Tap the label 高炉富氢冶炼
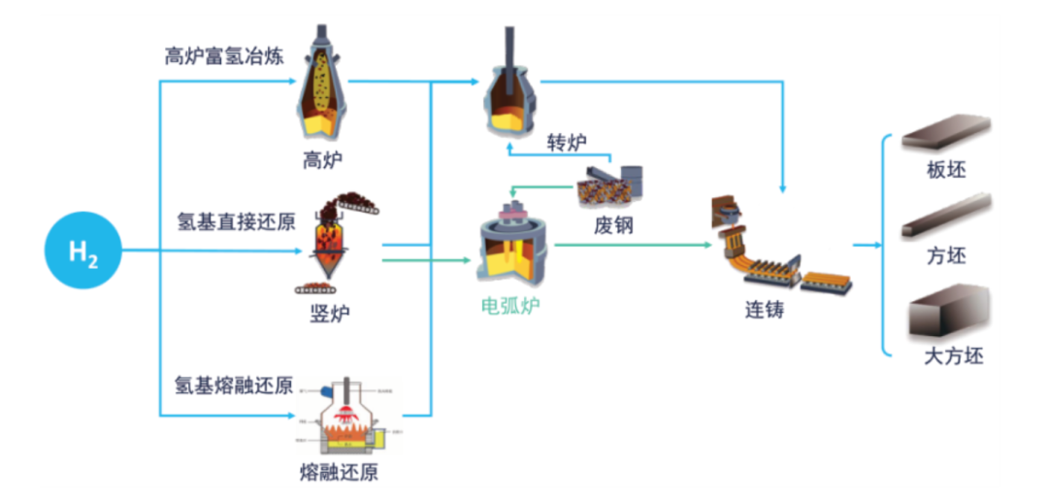click(224, 55)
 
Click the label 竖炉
click(324, 314)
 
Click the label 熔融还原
click(340, 474)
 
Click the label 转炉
click(567, 142)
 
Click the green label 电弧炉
click(511, 307)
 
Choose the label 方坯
click(947, 257)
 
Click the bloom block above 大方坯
click(947, 312)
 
